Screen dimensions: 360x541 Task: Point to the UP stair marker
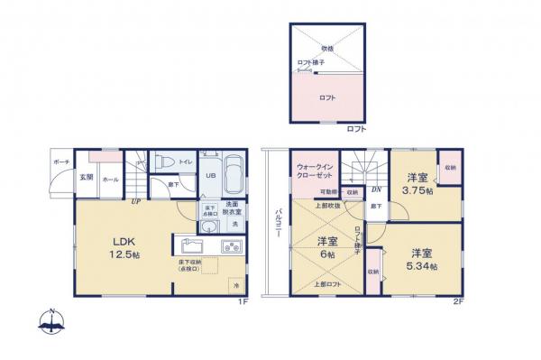135,201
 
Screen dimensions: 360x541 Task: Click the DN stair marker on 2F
374,189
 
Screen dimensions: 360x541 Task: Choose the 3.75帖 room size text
419,191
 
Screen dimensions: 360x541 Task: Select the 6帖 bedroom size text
326,254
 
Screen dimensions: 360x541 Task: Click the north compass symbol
54,319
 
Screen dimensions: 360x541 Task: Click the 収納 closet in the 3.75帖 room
450,169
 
